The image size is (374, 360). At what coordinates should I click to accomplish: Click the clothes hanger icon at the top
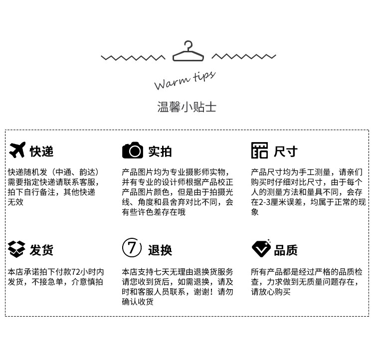pyautogui.click(x=188, y=51)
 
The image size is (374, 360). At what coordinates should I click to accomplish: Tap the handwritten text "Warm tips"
pyautogui.click(x=185, y=80)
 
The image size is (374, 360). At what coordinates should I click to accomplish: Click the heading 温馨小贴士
pyautogui.click(x=187, y=107)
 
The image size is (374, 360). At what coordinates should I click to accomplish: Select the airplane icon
pyautogui.click(x=17, y=150)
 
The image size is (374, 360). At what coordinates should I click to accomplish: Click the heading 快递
pyautogui.click(x=41, y=151)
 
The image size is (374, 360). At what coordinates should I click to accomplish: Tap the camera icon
pyautogui.click(x=133, y=151)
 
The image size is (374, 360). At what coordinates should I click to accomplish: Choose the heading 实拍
pyautogui.click(x=160, y=151)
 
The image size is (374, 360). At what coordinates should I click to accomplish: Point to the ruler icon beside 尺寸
pyautogui.click(x=259, y=151)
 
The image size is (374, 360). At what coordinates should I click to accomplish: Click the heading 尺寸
pyautogui.click(x=286, y=151)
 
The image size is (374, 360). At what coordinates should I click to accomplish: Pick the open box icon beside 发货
pyautogui.click(x=16, y=248)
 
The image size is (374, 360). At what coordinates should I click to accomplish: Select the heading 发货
pyautogui.click(x=41, y=250)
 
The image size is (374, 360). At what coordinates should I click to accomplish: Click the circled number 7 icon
pyautogui.click(x=132, y=248)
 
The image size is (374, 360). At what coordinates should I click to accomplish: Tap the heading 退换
pyautogui.click(x=160, y=250)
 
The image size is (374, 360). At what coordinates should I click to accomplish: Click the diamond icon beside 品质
pyautogui.click(x=261, y=248)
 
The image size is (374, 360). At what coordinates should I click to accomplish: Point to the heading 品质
pyautogui.click(x=286, y=250)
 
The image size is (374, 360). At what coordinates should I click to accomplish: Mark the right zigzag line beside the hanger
pyautogui.click(x=244, y=56)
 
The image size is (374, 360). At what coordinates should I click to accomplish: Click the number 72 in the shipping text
pyautogui.click(x=76, y=272)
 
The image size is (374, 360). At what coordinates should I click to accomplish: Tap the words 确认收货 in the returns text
pyautogui.click(x=138, y=302)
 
